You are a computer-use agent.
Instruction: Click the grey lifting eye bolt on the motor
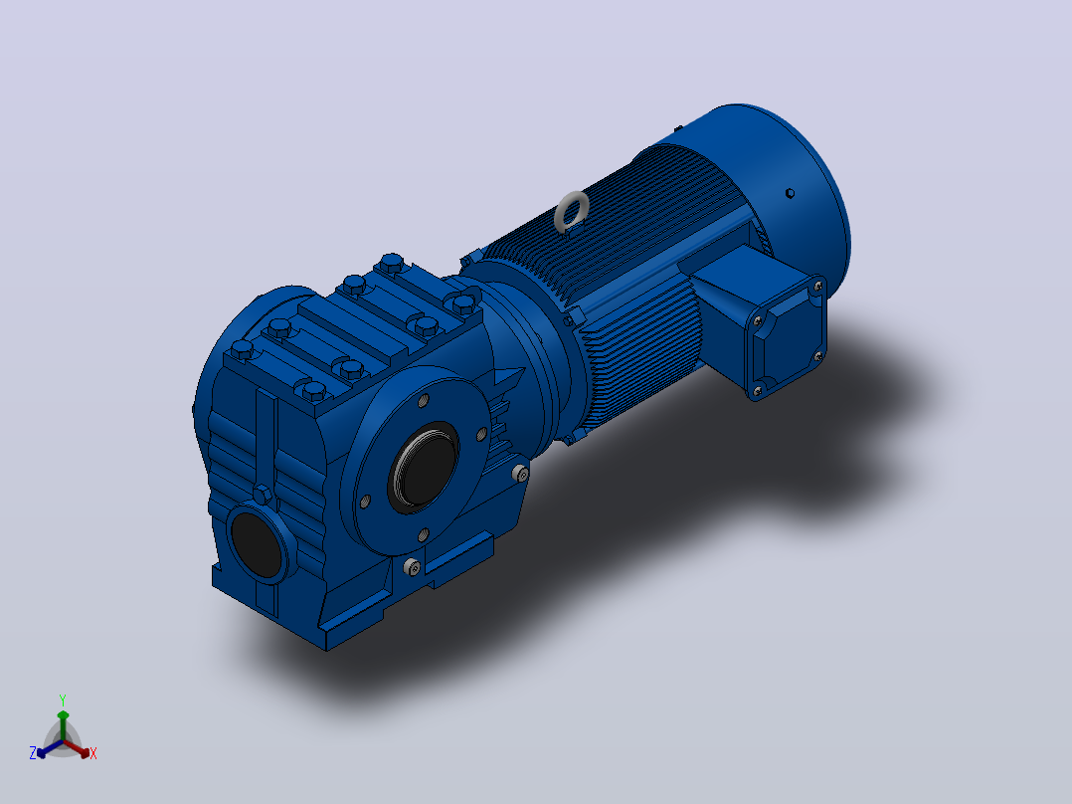[x=571, y=211]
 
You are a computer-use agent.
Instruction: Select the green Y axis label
[x=63, y=701]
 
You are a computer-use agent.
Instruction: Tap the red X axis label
[x=93, y=753]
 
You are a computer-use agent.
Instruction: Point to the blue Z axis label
[x=33, y=752]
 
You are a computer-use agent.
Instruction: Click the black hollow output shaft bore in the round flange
[x=424, y=467]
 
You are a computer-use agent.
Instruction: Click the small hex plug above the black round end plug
[x=263, y=494]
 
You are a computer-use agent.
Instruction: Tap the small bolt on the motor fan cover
[x=790, y=193]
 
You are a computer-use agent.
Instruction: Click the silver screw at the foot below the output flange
[x=412, y=567]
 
